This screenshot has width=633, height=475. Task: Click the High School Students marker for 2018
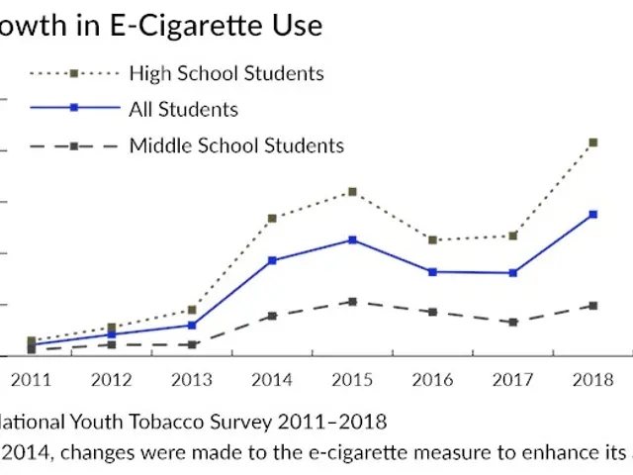click(592, 142)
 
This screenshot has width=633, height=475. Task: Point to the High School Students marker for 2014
click(271, 218)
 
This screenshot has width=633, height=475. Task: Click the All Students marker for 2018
click(592, 214)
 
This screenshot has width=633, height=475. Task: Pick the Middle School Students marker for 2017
click(512, 323)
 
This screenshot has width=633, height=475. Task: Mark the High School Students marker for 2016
click(432, 239)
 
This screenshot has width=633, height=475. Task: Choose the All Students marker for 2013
click(191, 325)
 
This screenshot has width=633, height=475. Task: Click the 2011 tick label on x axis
click(31, 380)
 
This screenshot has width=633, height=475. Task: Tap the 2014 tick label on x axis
click(271, 380)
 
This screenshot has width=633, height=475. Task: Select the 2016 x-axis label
click(432, 380)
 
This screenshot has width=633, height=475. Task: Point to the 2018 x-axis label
click(592, 380)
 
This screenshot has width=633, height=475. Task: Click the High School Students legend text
click(226, 73)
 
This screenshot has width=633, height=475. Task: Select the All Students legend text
click(183, 109)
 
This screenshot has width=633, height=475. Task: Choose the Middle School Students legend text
click(236, 145)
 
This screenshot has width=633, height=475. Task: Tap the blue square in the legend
click(73, 109)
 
